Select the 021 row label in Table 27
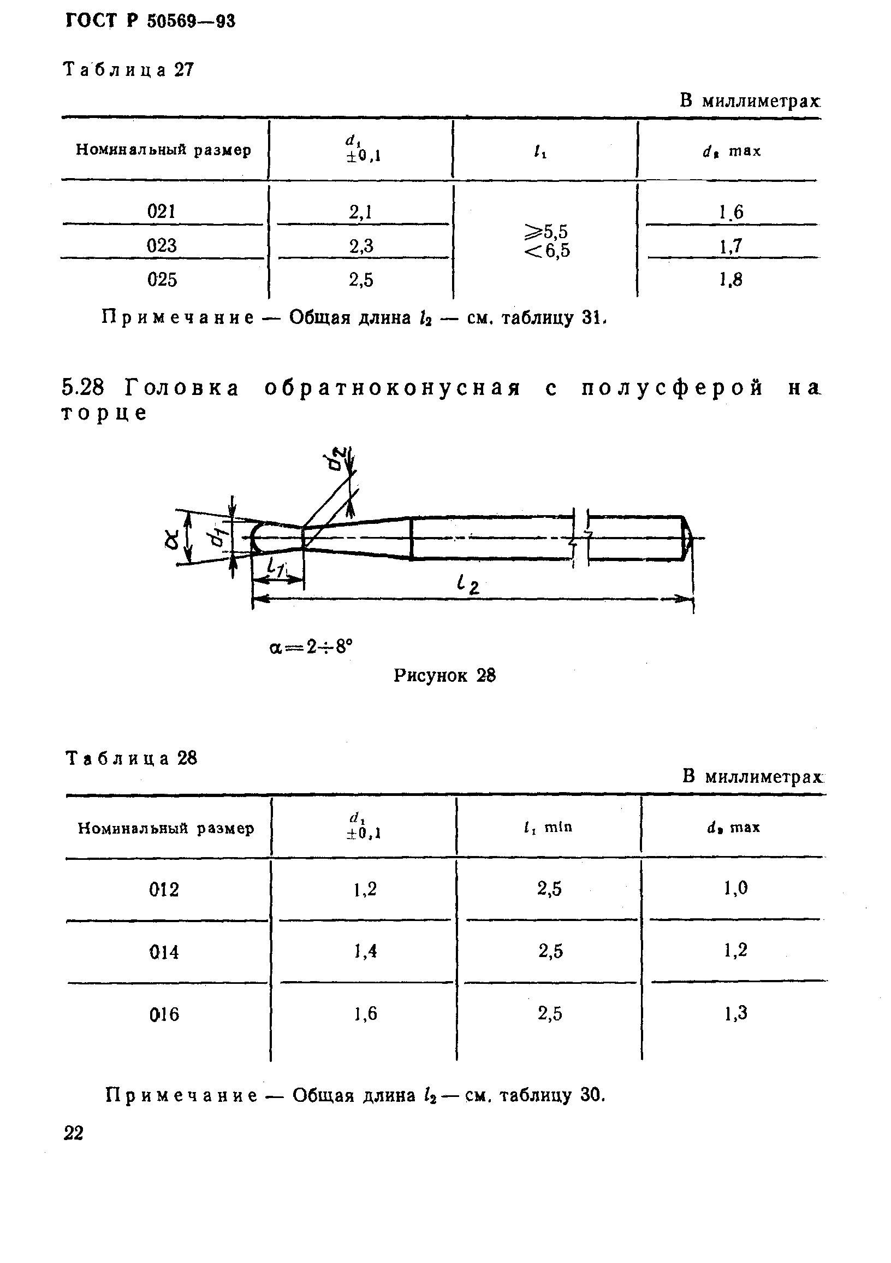coord(161,211)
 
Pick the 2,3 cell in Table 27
coord(361,246)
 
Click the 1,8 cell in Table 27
coord(731,281)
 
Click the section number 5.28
coord(83,388)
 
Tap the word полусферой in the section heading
coord(672,388)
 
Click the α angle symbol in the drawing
coord(171,538)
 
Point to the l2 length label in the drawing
coord(468,584)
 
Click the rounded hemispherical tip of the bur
coord(256,538)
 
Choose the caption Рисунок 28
coord(444,676)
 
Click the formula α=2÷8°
coord(311,647)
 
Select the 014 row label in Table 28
coord(164,952)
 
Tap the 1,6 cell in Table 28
coord(366,1014)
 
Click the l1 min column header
coord(548,827)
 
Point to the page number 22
coord(74,1133)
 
